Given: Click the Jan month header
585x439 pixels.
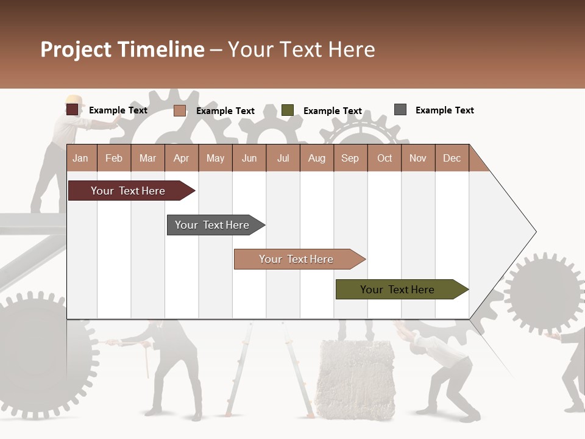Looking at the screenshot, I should pyautogui.click(x=81, y=158).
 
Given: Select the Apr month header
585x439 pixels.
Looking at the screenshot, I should pyautogui.click(x=182, y=158).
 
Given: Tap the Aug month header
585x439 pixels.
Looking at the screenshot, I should pyautogui.click(x=316, y=158).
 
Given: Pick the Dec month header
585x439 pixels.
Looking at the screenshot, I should pyautogui.click(x=452, y=158).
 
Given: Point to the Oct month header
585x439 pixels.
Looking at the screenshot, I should pyautogui.click(x=384, y=158).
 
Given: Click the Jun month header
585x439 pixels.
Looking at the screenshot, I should pyautogui.click(x=249, y=158).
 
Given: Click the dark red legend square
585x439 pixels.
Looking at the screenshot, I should pyautogui.click(x=72, y=110).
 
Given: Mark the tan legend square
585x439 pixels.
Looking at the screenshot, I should pyautogui.click(x=179, y=110).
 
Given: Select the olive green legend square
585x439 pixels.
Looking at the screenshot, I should pyautogui.click(x=287, y=110).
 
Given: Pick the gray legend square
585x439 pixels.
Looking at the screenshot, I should pyautogui.click(x=400, y=110).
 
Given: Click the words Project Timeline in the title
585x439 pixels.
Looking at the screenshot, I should pyautogui.click(x=122, y=49).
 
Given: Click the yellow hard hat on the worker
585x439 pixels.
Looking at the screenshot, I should pyautogui.click(x=74, y=99).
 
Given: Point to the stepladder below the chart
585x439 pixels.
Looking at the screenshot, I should pyautogui.click(x=241, y=372).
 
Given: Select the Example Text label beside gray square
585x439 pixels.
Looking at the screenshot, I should pyautogui.click(x=444, y=110).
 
